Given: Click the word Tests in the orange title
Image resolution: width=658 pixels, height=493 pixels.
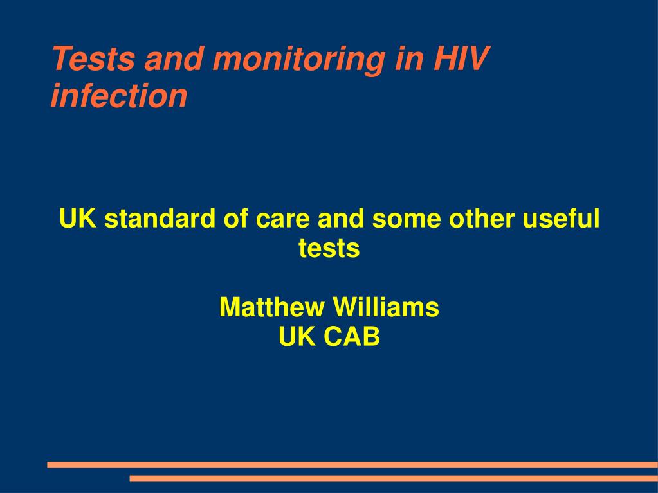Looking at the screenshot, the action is (93, 58).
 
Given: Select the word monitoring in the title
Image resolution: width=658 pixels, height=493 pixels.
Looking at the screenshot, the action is (298, 60).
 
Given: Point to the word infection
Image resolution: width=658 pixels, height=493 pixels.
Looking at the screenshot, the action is (119, 95).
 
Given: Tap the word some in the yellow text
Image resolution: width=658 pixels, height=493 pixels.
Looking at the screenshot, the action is (407, 221).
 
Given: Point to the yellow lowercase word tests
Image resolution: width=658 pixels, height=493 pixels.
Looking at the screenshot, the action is (329, 248).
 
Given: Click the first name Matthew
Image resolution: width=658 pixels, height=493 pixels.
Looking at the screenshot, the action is (272, 307).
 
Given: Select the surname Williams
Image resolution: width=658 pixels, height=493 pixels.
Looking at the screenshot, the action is (387, 307).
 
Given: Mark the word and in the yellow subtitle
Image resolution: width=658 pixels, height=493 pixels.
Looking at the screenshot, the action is (340, 219).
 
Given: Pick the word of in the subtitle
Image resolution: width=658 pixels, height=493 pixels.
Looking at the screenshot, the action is (236, 219).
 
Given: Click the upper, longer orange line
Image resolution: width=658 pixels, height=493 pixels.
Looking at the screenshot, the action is (352, 465).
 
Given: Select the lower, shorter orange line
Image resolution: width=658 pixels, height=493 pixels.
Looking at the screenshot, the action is (394, 478).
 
